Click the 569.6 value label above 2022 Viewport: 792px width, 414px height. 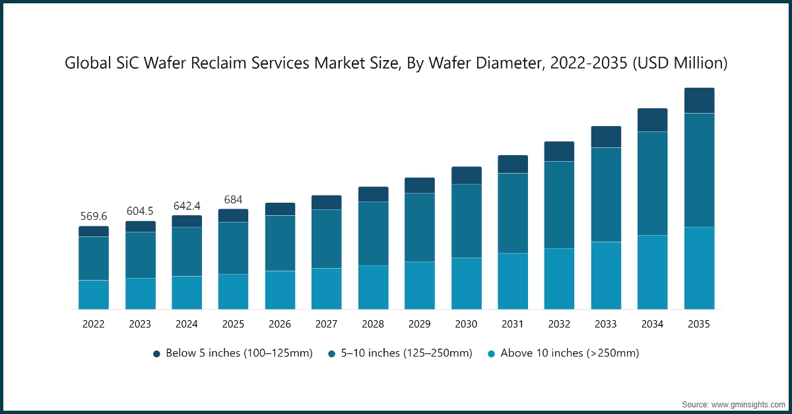94,216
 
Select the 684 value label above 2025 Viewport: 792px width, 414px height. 233,199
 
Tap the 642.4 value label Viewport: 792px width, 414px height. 187,205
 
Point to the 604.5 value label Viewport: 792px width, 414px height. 140,211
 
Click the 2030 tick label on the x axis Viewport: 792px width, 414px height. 466,324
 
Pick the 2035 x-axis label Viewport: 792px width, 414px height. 699,324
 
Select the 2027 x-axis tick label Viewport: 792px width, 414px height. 326,324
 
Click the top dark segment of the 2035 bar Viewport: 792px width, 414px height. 699,100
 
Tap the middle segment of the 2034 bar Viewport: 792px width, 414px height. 652,183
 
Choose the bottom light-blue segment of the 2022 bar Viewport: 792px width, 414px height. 94,294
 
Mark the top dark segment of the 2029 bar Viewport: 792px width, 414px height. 420,186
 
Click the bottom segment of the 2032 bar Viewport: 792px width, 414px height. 559,279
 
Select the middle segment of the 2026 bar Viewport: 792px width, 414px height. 280,243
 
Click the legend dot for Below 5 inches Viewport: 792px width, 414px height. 157,354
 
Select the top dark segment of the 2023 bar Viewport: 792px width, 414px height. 140,226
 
